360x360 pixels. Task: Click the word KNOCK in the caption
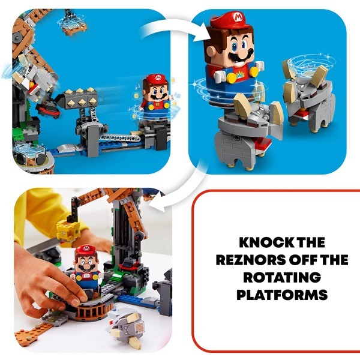(x=256, y=242)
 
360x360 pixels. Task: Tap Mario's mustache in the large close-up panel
(x=241, y=55)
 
